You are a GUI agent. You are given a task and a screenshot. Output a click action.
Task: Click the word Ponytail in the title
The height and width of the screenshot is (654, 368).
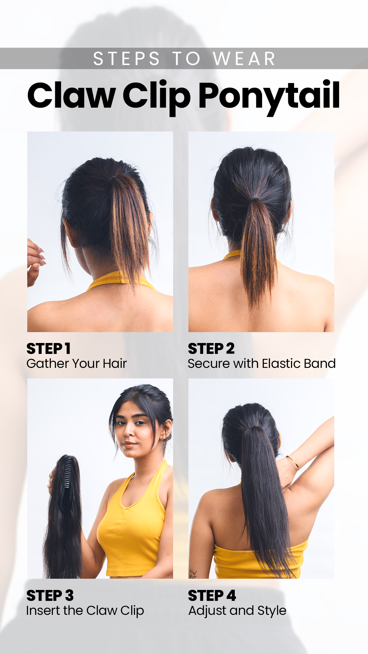[269, 96]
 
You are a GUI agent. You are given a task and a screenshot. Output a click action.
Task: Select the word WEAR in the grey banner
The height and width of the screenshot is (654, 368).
[244, 59]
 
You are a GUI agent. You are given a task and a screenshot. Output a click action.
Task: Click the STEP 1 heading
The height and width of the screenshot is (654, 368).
[48, 348]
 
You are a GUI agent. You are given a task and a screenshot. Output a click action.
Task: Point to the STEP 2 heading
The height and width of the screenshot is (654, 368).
[211, 348]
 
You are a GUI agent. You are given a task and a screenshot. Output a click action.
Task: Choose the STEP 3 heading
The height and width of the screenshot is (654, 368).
[50, 595]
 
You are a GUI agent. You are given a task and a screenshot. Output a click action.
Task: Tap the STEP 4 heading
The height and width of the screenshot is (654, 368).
[212, 595]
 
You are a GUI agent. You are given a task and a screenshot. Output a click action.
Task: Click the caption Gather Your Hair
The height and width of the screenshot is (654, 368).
[77, 363]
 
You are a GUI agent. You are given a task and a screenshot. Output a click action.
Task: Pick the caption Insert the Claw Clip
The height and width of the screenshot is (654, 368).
[85, 611]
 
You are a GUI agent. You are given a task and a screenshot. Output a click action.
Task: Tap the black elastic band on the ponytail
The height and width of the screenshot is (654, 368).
[253, 198]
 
